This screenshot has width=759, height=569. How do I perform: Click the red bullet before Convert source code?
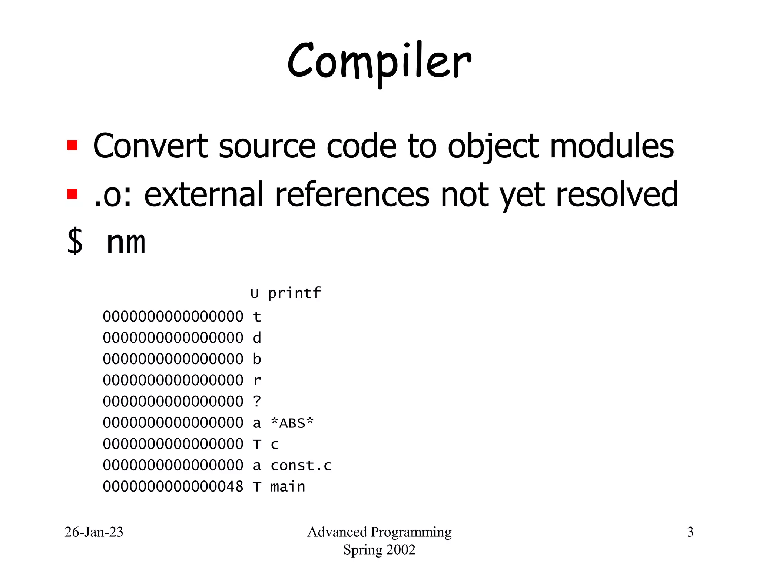click(x=72, y=145)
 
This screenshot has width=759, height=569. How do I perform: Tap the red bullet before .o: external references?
click(x=72, y=194)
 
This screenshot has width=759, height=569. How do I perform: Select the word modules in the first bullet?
click(x=612, y=146)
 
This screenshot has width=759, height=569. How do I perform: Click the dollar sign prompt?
click(x=75, y=242)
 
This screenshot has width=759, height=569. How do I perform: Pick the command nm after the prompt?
click(x=126, y=243)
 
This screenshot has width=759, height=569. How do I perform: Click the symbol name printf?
click(x=294, y=293)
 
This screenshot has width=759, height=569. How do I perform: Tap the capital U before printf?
click(x=254, y=294)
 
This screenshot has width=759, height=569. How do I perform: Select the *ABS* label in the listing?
click(x=292, y=423)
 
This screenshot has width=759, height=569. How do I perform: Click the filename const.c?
click(x=301, y=465)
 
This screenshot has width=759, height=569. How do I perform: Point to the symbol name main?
click(x=288, y=486)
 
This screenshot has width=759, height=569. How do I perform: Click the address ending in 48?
click(x=173, y=486)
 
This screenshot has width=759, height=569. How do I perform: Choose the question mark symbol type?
click(x=257, y=401)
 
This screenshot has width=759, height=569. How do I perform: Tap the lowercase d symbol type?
click(x=257, y=337)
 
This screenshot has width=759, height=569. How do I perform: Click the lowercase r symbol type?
click(x=257, y=380)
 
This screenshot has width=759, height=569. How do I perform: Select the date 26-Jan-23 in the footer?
click(x=94, y=532)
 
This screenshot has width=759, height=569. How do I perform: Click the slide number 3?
click(x=690, y=532)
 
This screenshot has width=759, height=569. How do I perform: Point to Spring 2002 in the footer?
click(x=379, y=550)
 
